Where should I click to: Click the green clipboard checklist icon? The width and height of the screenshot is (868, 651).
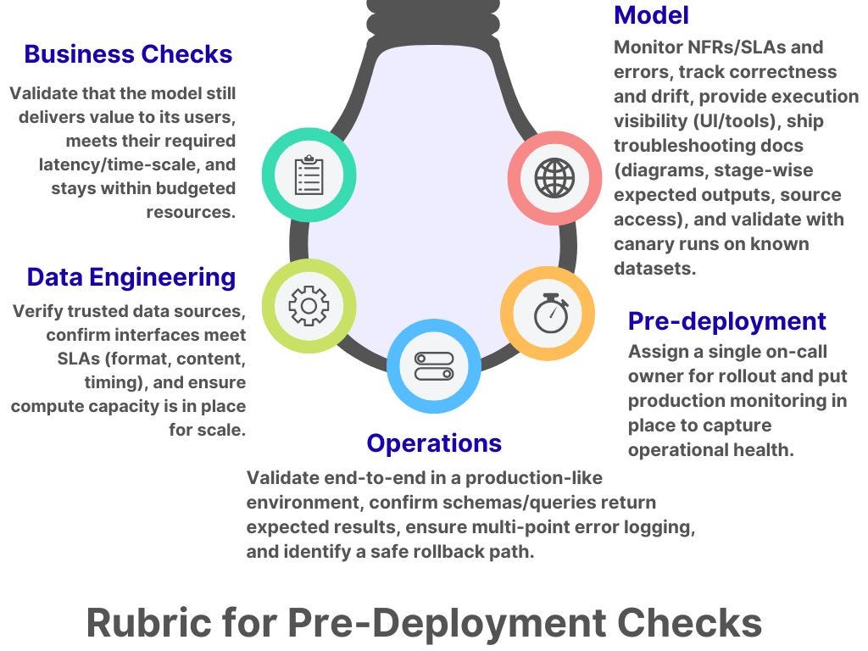point(309,176)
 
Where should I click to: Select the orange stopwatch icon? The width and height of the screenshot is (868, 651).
point(548,314)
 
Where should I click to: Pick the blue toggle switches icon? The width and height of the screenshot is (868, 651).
point(434,366)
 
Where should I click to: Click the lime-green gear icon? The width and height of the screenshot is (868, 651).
point(309,306)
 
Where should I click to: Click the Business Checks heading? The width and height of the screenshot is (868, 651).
point(128,54)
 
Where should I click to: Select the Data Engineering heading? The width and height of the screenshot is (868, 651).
point(131,277)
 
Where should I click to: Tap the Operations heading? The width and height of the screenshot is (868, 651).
point(434,442)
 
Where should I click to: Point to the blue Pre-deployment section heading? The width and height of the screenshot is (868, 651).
point(726,321)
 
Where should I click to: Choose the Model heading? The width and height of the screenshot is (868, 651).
point(651,14)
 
